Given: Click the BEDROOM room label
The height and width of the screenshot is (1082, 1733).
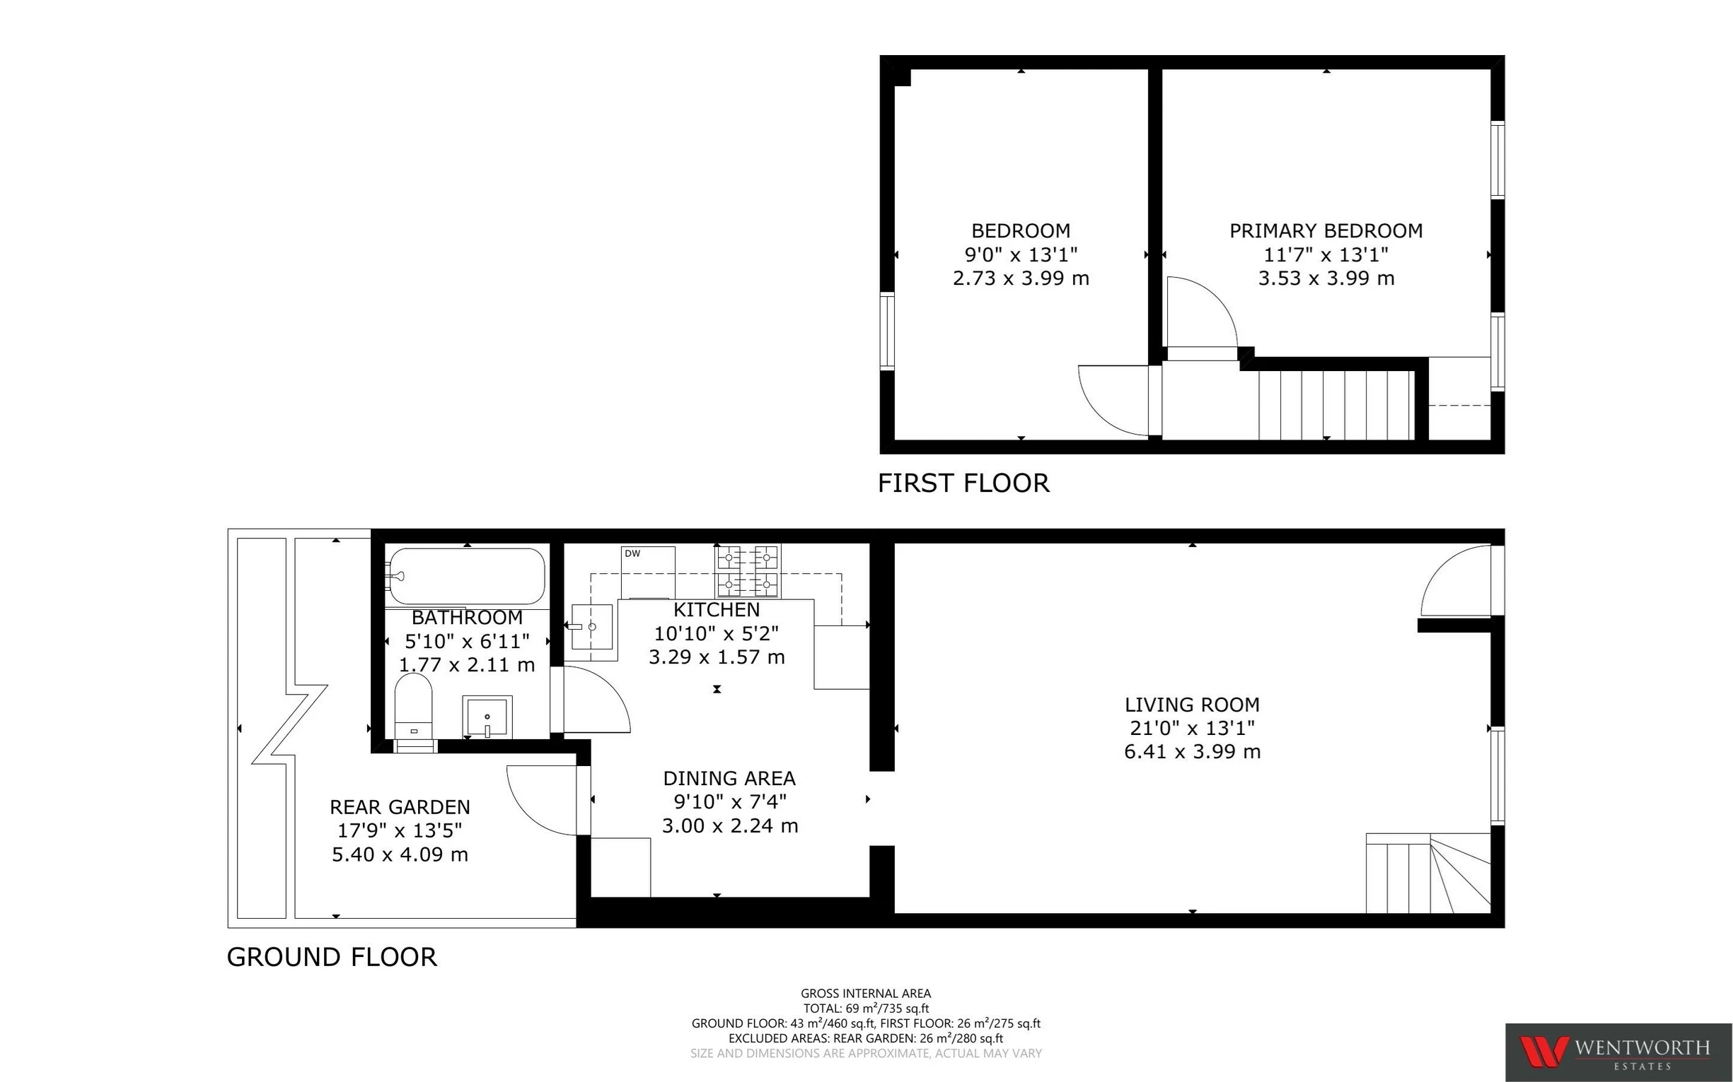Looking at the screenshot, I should (x=1021, y=230).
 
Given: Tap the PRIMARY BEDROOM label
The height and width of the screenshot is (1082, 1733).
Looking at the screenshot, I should (x=1326, y=230).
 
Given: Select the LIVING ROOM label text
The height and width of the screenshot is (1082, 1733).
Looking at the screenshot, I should (x=1192, y=704).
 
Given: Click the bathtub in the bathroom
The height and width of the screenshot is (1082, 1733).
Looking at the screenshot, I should (x=467, y=576).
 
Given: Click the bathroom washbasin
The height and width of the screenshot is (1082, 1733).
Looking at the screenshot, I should (x=487, y=716).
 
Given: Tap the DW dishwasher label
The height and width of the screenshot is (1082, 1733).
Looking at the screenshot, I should (x=632, y=553).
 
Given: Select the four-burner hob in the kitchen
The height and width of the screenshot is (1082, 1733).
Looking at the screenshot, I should (x=747, y=570).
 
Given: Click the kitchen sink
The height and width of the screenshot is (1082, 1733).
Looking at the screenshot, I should (x=591, y=626).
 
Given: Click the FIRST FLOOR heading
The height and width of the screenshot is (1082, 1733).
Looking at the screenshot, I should (x=963, y=483).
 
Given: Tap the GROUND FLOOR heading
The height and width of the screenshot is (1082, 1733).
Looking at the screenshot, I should (x=332, y=957).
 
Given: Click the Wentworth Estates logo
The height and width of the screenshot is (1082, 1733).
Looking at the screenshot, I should (x=1618, y=1052).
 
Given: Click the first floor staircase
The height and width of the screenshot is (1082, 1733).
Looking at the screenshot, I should (x=1335, y=404).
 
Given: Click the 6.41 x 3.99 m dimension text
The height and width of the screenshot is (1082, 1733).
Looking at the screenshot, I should (x=1192, y=751).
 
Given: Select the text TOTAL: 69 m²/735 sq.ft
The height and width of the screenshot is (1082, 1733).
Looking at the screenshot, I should (x=866, y=1009).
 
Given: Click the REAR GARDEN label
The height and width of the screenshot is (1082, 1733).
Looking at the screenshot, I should (x=400, y=806).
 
